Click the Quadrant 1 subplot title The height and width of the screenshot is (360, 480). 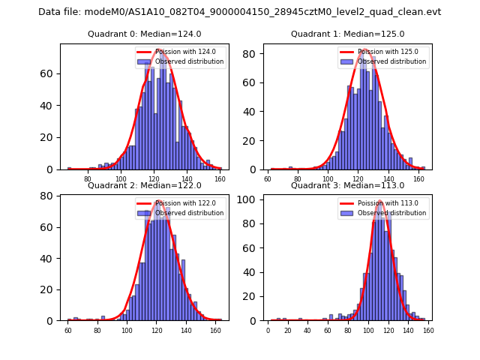[347, 34]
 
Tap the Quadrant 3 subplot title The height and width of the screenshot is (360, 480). [347, 185]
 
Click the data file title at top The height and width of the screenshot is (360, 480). [239, 12]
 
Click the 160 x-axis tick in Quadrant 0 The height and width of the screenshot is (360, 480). [220, 178]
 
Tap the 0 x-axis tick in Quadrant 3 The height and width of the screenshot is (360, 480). [268, 330]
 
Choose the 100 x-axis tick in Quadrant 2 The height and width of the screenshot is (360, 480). [127, 330]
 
